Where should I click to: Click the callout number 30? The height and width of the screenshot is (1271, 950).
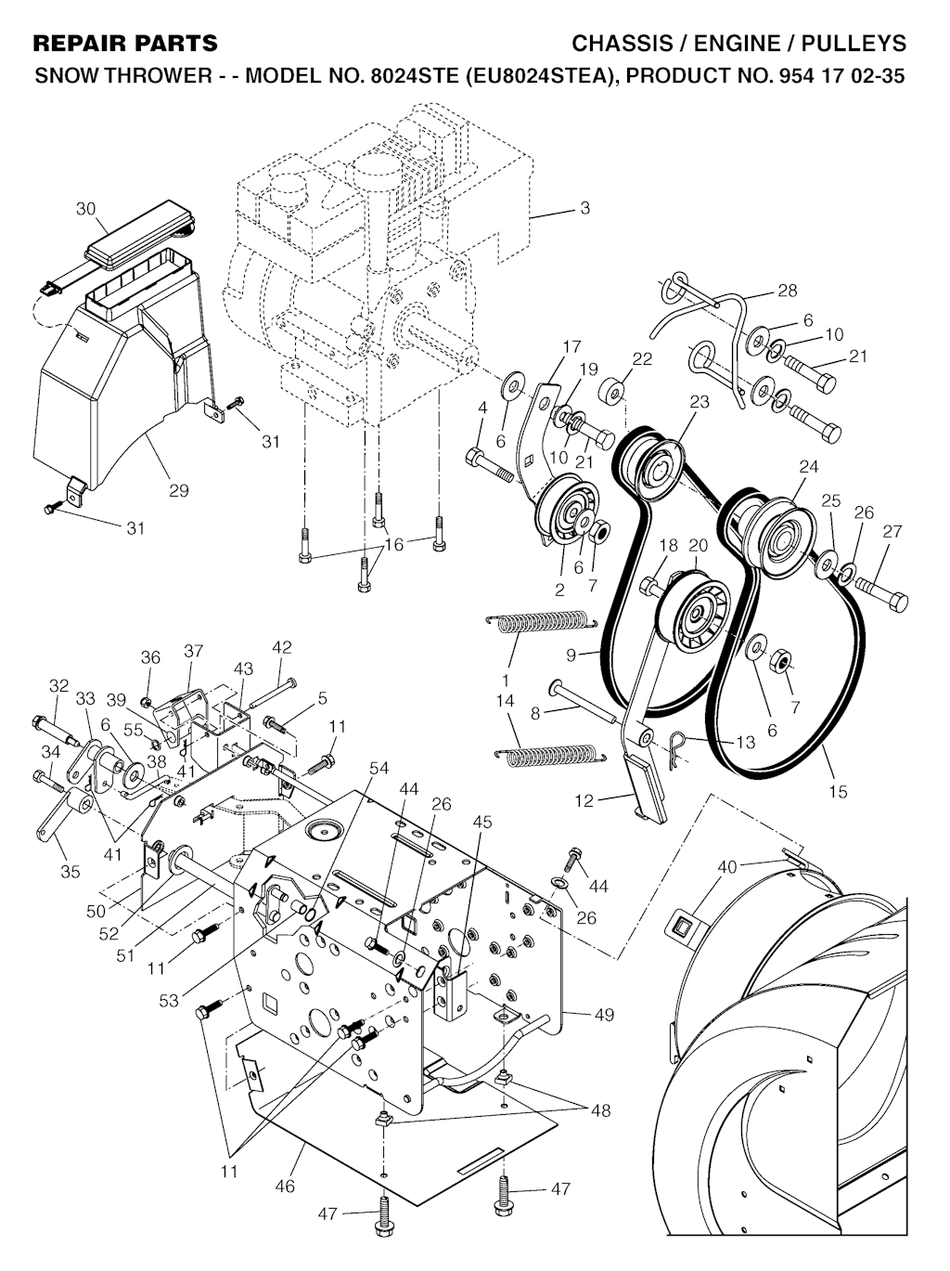coord(85,209)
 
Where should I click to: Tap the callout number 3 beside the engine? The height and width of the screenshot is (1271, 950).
coord(584,208)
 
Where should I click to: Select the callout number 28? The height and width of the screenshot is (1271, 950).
coord(787,291)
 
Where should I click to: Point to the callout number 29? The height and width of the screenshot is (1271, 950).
coord(179,490)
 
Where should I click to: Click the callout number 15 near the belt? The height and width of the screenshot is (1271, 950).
coord(838,792)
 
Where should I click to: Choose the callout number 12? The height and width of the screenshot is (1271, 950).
coord(584,800)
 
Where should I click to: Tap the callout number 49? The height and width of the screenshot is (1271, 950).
coord(604,1015)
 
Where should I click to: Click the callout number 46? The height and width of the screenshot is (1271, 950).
coord(285,1186)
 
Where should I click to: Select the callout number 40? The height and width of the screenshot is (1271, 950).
coord(726,866)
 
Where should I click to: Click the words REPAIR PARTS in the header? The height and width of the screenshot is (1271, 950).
coord(125,43)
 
